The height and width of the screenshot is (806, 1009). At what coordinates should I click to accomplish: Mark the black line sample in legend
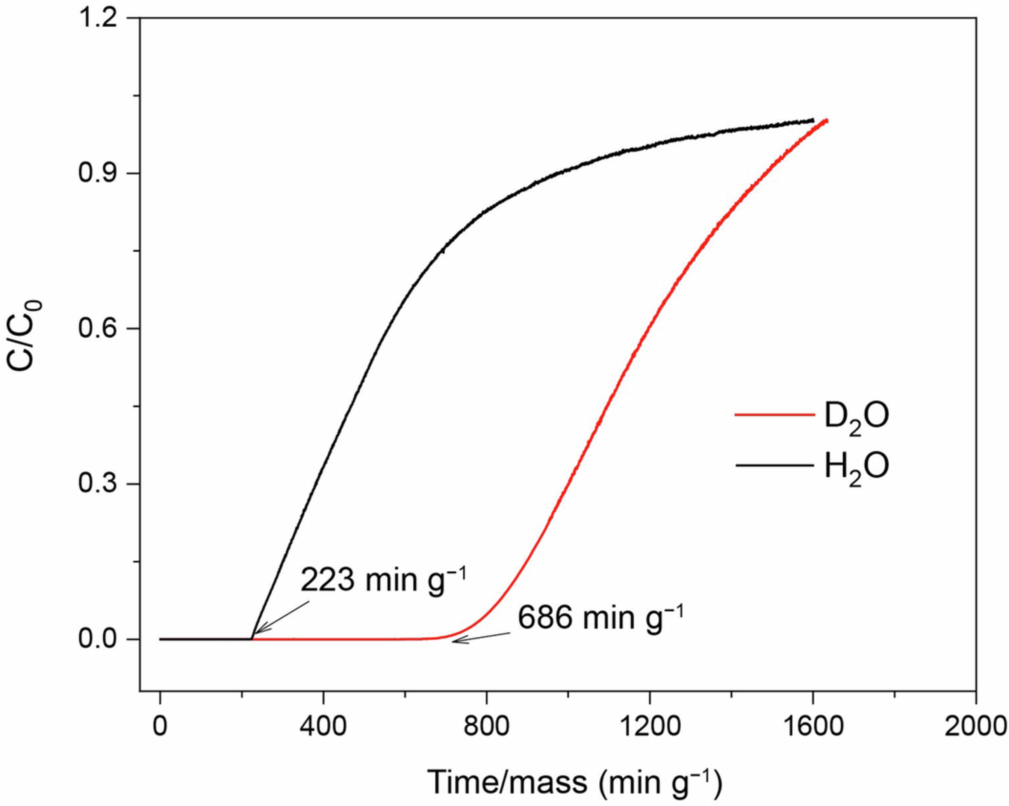[x=774, y=465]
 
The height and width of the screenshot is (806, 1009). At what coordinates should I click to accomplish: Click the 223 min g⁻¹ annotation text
[x=383, y=580]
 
